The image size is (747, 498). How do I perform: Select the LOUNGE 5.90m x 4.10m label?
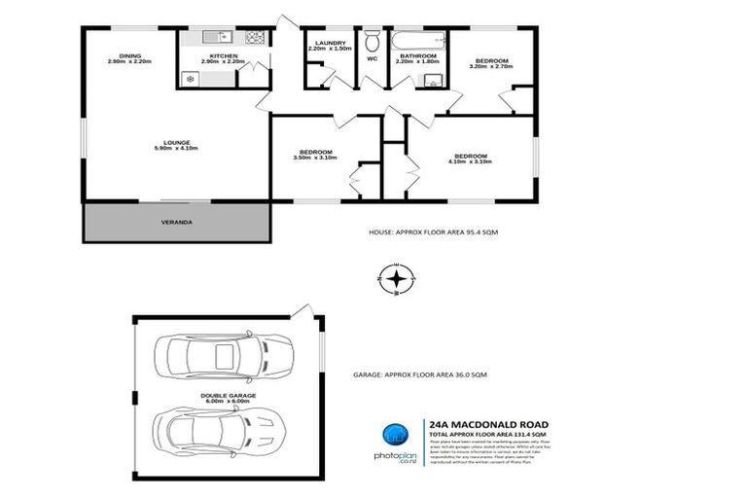click(x=176, y=146)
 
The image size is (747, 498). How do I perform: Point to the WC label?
click(x=372, y=59)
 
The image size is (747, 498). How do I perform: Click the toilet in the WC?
click(x=372, y=41)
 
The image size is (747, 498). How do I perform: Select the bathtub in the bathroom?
click(x=417, y=41)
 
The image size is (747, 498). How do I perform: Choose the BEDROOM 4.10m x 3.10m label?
click(x=471, y=159)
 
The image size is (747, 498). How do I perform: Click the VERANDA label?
click(x=176, y=222)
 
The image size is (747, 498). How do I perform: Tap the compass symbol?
click(x=396, y=279)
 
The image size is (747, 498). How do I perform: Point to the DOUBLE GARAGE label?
click(x=230, y=399)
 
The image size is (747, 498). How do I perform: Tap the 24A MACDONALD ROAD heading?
click(x=489, y=425)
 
